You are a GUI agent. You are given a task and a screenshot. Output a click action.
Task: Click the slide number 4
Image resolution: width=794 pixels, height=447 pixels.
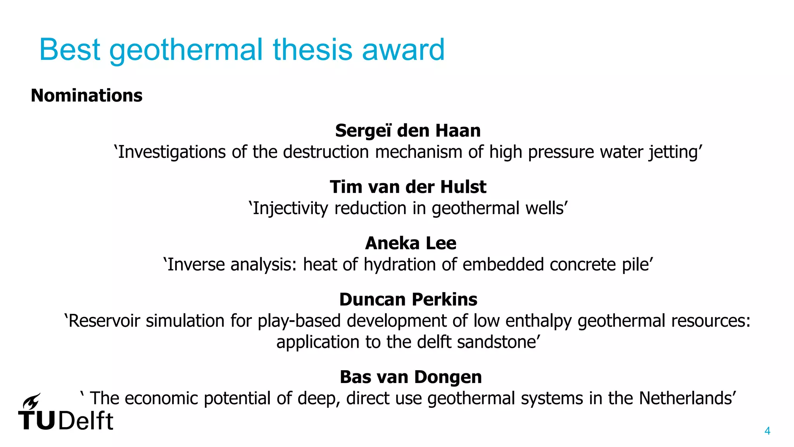pyautogui.click(x=767, y=431)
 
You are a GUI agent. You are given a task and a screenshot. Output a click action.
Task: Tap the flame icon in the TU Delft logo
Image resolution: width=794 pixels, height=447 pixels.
pyautogui.click(x=31, y=401)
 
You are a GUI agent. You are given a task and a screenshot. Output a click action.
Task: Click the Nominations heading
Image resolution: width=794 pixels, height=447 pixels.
pyautogui.click(x=86, y=95)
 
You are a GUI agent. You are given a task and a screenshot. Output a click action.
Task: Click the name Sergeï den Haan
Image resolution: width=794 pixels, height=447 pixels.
pyautogui.click(x=408, y=130)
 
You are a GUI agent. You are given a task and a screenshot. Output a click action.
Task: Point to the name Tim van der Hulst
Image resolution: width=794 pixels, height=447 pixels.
pyautogui.click(x=408, y=187)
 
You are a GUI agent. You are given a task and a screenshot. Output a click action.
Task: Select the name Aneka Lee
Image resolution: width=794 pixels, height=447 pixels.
pyautogui.click(x=411, y=243)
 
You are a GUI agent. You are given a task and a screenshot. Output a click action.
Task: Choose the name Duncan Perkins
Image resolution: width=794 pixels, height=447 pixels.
pyautogui.click(x=408, y=300)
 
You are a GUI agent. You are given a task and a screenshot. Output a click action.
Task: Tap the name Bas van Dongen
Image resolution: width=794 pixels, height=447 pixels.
pyautogui.click(x=411, y=377)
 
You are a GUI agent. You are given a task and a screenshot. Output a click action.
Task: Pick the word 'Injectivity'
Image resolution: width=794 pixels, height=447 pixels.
pyautogui.click(x=290, y=208)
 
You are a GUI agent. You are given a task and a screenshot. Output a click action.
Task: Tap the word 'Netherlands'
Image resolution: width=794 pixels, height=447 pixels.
pyautogui.click(x=685, y=398)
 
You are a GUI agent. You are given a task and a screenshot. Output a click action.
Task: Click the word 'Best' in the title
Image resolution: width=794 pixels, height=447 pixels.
pyautogui.click(x=70, y=50)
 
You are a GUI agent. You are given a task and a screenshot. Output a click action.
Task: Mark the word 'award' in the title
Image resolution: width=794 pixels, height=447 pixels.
pyautogui.click(x=403, y=50)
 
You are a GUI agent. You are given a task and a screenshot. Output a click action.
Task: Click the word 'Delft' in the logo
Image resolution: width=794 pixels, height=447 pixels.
pyautogui.click(x=86, y=421)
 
